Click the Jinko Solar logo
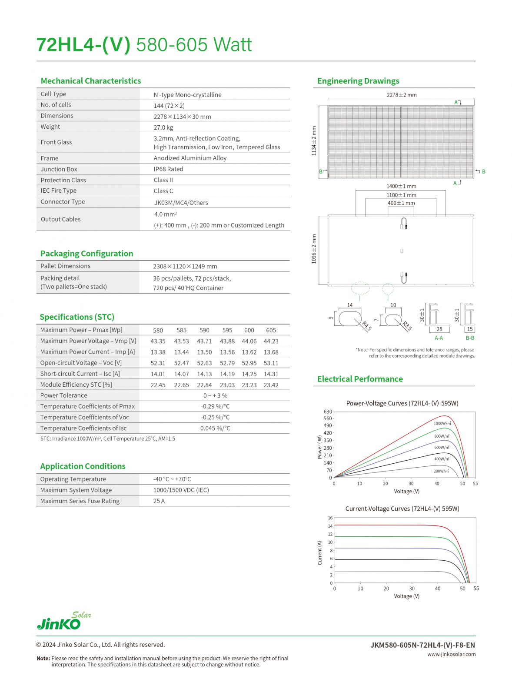pos(63,621)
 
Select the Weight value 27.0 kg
pos(163,127)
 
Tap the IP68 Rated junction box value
pos(168,169)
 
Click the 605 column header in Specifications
pos(271,330)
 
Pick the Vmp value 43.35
pos(158,341)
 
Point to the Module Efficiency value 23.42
pos(271,385)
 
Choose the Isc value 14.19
pos(227,374)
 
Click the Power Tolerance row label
pos(63,395)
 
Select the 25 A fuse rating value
pos(159,501)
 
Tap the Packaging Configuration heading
pos(86,254)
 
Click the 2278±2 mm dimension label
pos(401,95)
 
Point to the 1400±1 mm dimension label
pos(401,186)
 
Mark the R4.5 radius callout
pos(366,326)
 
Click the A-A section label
pos(439,338)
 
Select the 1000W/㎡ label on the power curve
pos(442,423)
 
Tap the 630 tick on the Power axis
pos(328,412)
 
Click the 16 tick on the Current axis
pos(330,518)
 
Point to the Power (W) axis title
pos(320,447)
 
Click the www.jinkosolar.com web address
pos(451,654)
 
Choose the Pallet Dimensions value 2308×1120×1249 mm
pos(185,266)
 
